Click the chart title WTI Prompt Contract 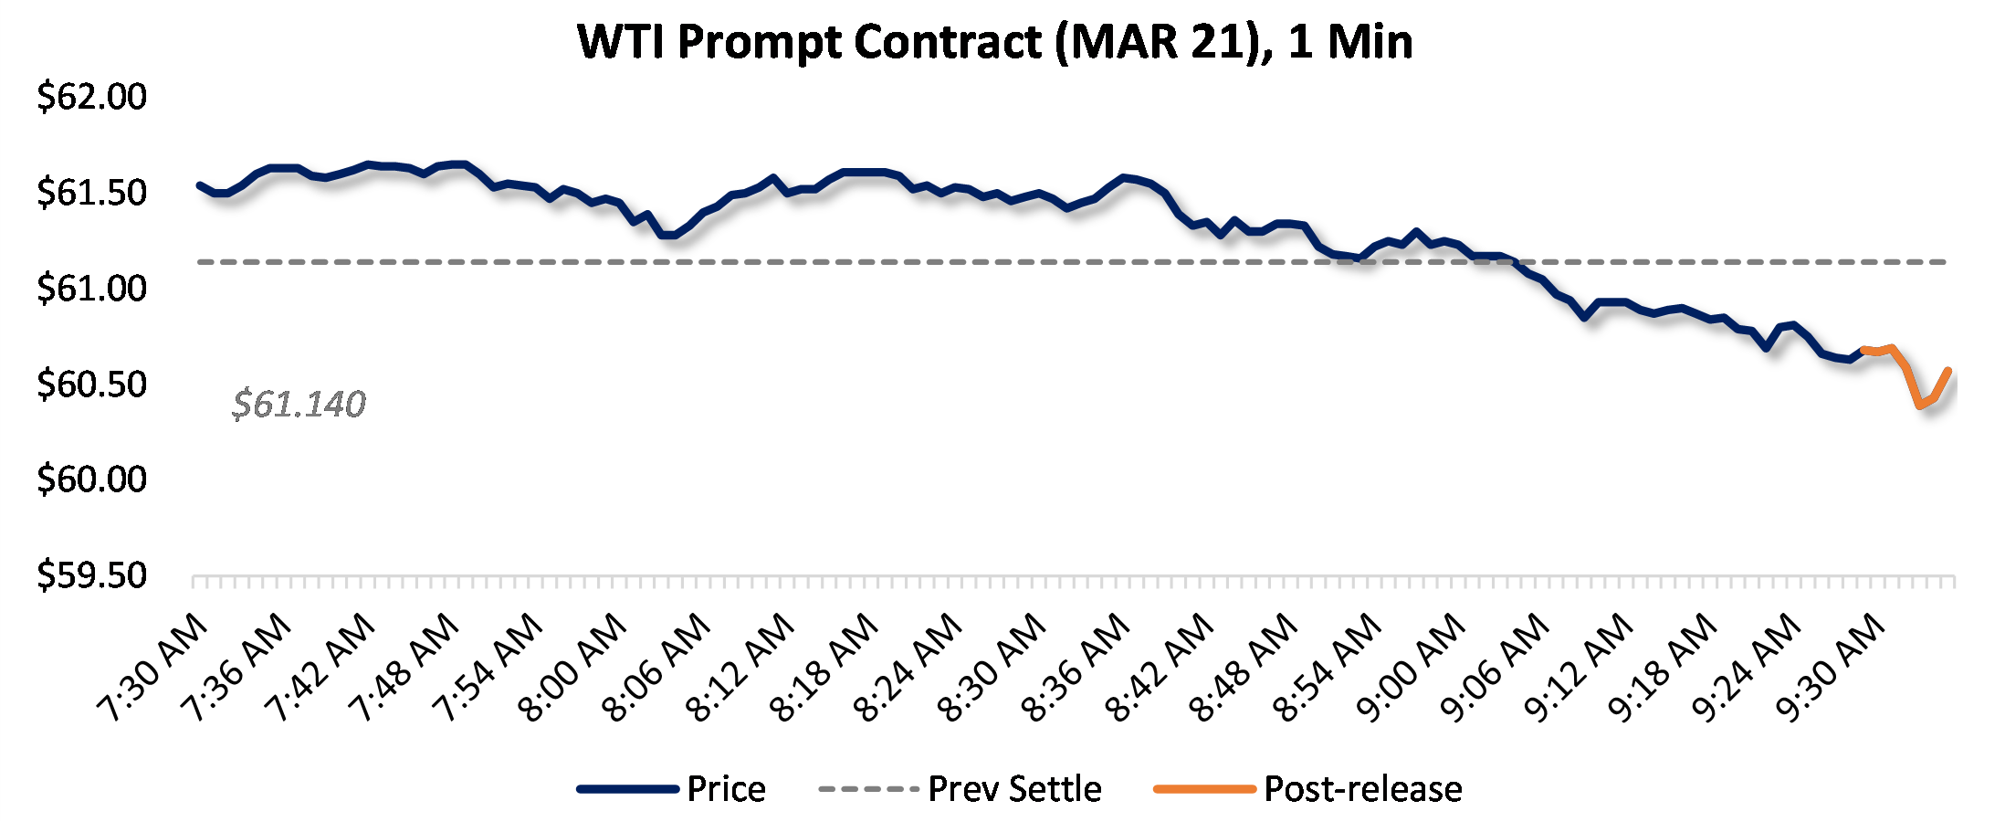coord(995,42)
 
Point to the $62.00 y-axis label coord(91,97)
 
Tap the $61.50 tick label coord(91,193)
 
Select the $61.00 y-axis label coord(91,289)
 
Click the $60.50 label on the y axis coord(91,385)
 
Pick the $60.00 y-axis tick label coord(91,479)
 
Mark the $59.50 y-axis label coord(91,575)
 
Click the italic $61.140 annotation coord(299,404)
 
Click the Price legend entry coord(726,789)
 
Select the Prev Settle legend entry coord(1014,789)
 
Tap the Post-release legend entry coord(1362,789)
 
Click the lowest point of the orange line coord(1921,405)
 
